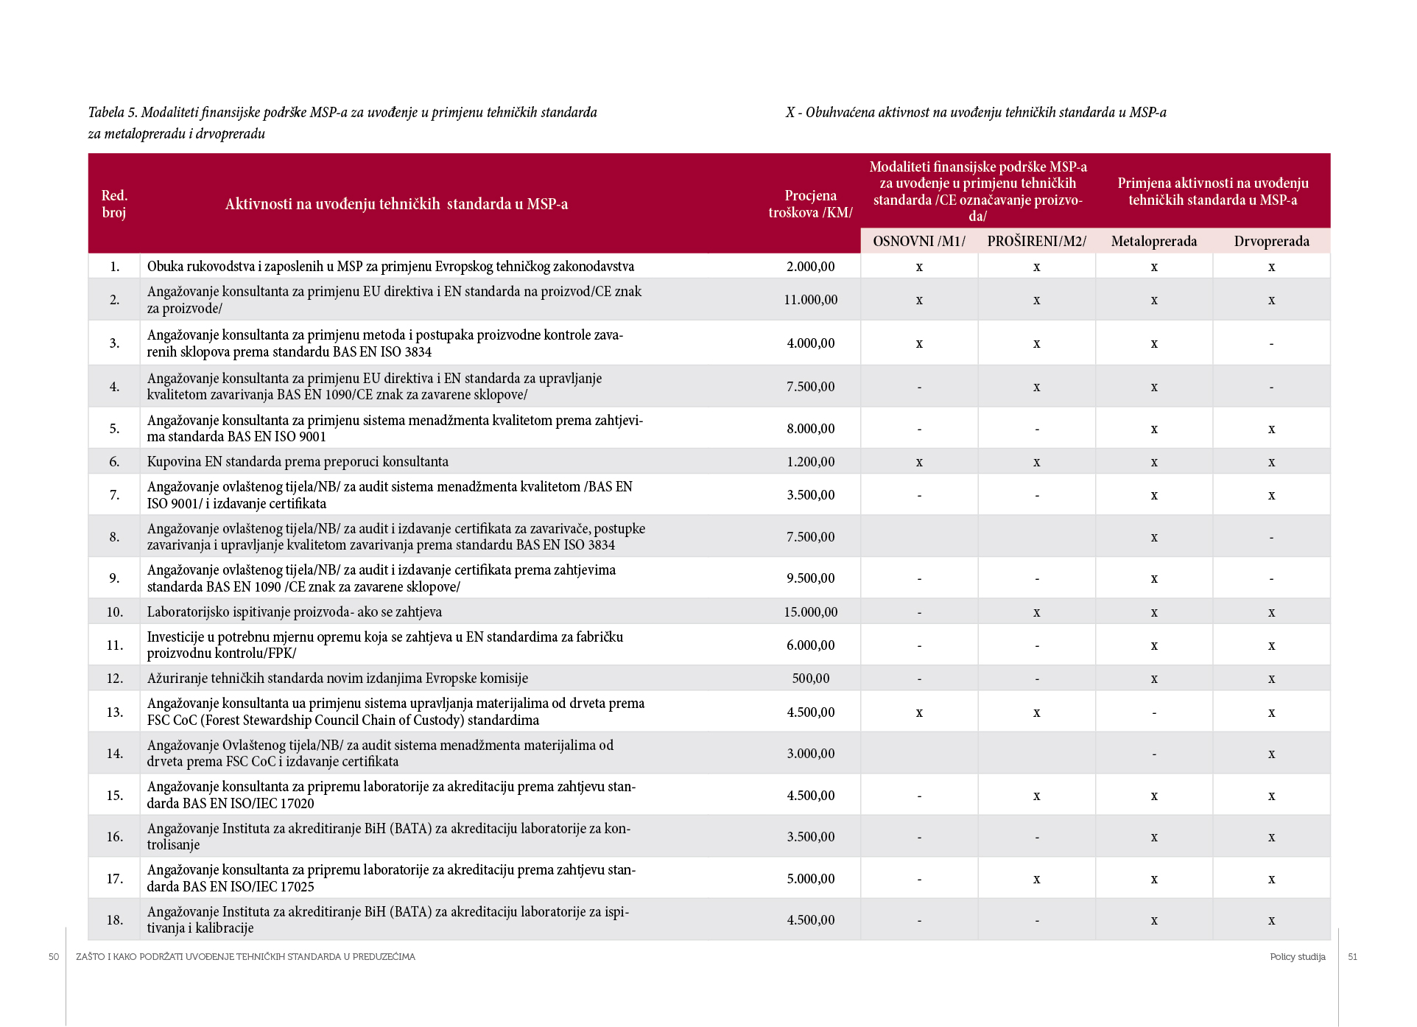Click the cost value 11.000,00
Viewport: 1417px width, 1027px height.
click(x=810, y=300)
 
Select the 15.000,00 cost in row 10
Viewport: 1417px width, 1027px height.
click(x=810, y=612)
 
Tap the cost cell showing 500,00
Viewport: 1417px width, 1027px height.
click(x=810, y=679)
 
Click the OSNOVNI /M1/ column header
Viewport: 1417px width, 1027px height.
click(x=918, y=242)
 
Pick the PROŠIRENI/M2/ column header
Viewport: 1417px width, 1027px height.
click(x=1036, y=242)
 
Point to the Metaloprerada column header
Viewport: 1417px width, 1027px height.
click(x=1153, y=242)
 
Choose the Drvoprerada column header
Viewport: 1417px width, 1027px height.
click(x=1271, y=242)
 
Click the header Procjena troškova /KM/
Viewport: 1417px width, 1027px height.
click(x=810, y=204)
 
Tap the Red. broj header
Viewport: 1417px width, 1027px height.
click(x=114, y=204)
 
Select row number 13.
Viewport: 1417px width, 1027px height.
click(x=114, y=712)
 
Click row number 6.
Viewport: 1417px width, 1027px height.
click(x=114, y=462)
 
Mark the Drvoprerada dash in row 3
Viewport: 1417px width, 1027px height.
click(x=1271, y=344)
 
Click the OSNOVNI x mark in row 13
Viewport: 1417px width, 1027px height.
click(x=918, y=713)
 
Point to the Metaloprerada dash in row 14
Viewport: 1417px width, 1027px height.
click(x=1153, y=754)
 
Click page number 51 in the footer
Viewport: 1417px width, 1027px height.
click(x=1352, y=957)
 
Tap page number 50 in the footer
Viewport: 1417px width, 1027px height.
click(x=54, y=957)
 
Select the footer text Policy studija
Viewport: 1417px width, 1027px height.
click(x=1297, y=957)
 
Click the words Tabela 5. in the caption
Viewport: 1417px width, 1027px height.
click(x=113, y=113)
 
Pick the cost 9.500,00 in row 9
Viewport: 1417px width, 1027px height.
click(x=810, y=578)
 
